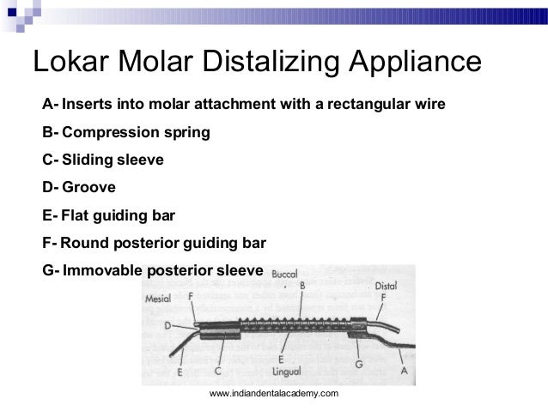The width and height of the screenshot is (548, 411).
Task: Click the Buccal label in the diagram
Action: click(x=284, y=275)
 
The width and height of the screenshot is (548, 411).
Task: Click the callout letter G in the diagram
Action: click(x=357, y=364)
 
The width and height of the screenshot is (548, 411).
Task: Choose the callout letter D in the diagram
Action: click(x=168, y=325)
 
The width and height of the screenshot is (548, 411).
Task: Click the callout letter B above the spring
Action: click(x=302, y=286)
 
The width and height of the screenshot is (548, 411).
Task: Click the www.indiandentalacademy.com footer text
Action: click(x=274, y=393)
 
